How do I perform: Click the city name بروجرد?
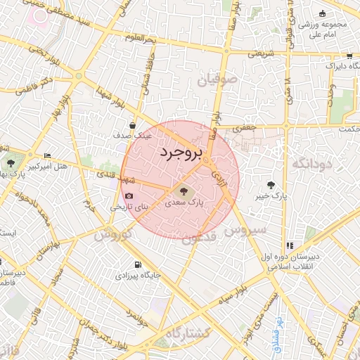coord(181,153)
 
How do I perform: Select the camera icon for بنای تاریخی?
coord(128,196)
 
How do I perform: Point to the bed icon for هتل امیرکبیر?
coord(47,155)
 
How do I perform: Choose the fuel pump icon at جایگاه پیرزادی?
coord(136,265)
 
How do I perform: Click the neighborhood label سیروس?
coord(245,230)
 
